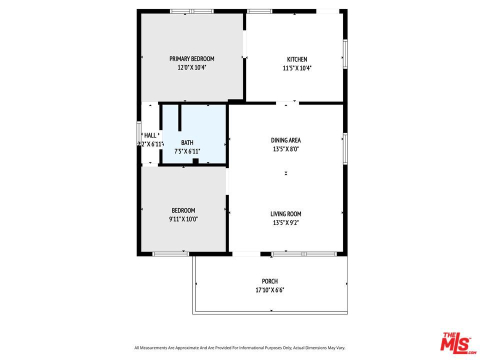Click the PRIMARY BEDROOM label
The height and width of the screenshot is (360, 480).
tap(191, 59)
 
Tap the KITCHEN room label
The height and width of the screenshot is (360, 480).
tap(297, 59)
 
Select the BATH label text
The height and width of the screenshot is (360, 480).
tap(187, 142)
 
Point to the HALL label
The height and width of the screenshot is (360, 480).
tap(150, 135)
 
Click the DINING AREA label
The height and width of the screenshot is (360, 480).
tap(285, 140)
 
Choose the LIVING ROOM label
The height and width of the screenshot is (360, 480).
tap(285, 214)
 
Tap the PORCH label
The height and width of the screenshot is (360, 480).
tap(269, 281)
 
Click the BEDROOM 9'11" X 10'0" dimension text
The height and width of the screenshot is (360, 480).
tap(183, 219)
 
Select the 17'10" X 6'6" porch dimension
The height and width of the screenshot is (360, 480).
tap(269, 290)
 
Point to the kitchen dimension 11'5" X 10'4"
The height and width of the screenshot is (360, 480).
tap(297, 68)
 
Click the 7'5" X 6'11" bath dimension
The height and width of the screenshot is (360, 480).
tap(187, 151)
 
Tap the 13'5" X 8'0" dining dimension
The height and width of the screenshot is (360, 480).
tap(285, 149)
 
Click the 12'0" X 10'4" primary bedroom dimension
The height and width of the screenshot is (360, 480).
tap(191, 67)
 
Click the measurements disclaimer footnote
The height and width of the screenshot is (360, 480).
tap(239, 348)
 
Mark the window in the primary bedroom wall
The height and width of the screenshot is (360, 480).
tap(192, 11)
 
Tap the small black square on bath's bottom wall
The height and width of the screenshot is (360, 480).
tap(195, 161)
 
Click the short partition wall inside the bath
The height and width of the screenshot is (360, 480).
tap(180, 118)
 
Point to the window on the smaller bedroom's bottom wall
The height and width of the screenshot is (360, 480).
tap(170, 254)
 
